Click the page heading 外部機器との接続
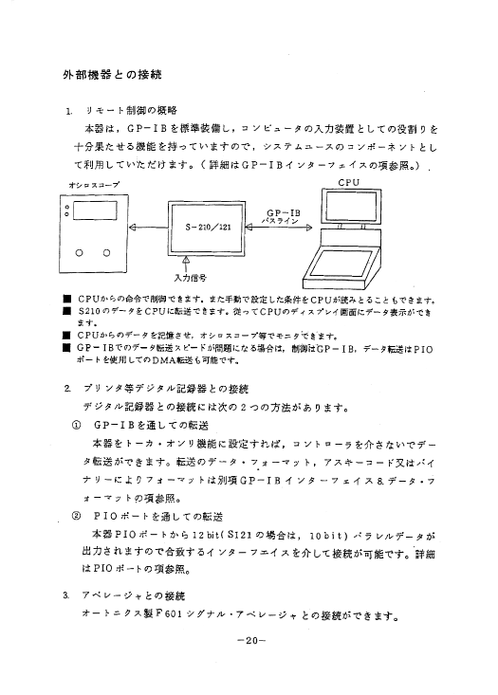coord(112,75)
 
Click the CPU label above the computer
coord(348,182)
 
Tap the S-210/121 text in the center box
coord(208,228)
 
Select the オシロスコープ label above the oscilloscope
coord(94,185)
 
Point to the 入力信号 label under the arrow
coord(190,278)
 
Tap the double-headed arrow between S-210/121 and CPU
coord(279,228)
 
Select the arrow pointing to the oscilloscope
coord(148,228)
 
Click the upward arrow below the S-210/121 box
coord(186,264)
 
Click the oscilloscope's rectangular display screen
coord(95,210)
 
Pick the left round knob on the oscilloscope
coord(80,253)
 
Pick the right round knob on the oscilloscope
coord(106,253)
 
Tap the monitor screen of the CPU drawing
coord(351,207)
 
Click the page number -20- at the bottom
coord(251,640)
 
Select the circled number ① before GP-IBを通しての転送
coord(76,425)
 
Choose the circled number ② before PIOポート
coord(76,516)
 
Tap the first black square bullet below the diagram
coord(67,300)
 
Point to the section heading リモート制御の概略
coord(131,110)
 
